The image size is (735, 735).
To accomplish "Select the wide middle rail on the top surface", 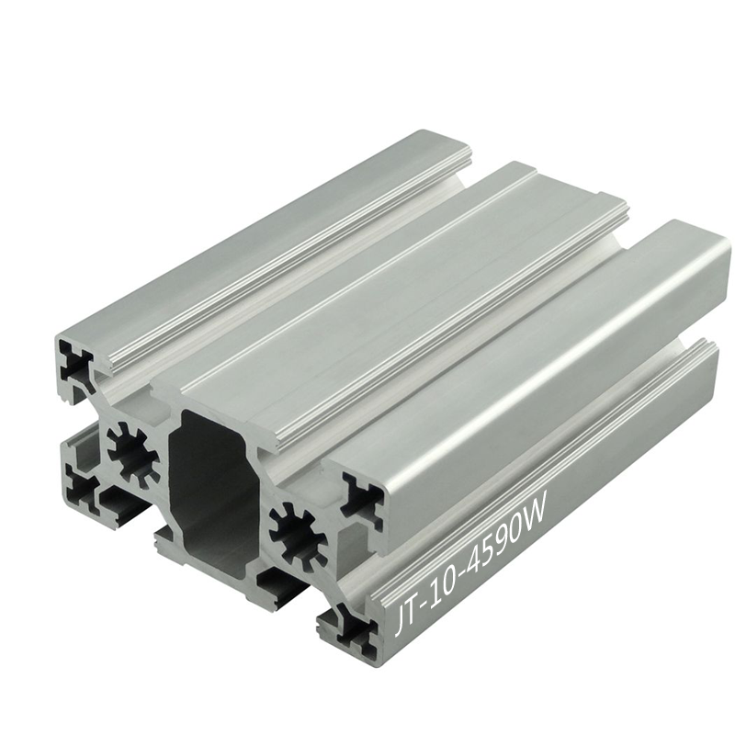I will click(395, 276).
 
